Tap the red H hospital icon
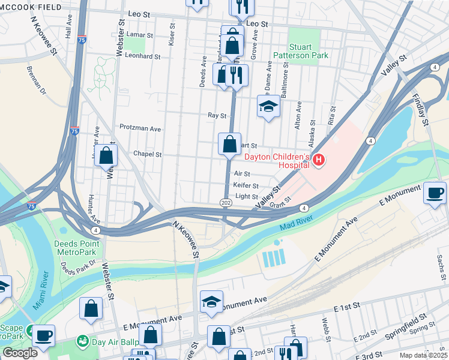click(319, 160)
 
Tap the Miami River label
click(40, 294)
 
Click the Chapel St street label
click(148, 154)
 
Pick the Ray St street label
click(217, 115)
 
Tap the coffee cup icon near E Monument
click(435, 193)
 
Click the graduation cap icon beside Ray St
click(268, 107)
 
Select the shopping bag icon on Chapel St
click(106, 156)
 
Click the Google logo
click(20, 353)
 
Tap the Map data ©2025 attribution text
click(423, 355)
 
